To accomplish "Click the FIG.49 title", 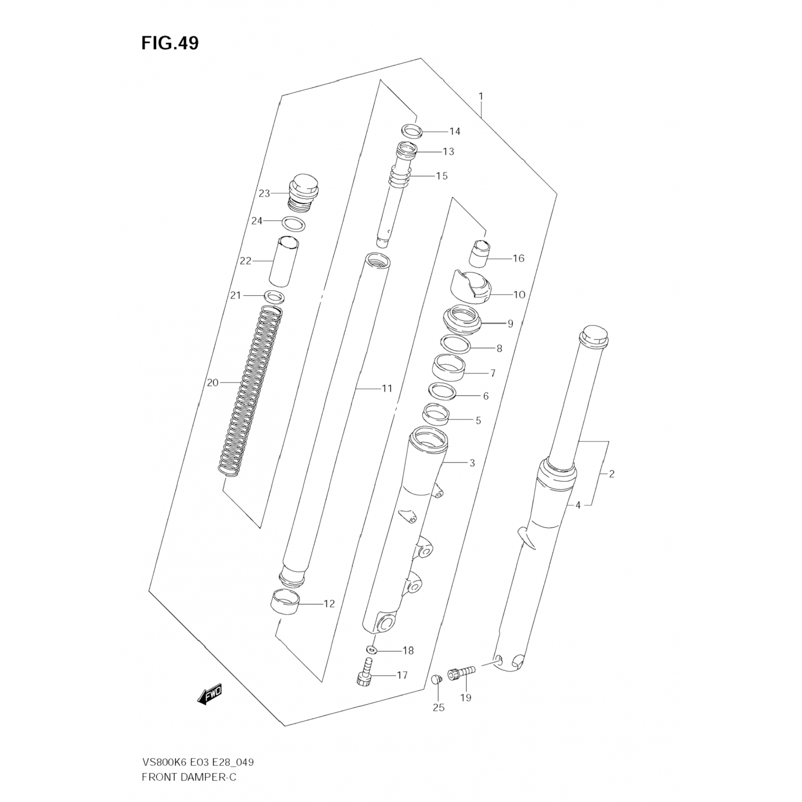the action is click(169, 43).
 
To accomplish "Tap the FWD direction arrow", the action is click(210, 695).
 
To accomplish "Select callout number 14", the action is click(454, 132).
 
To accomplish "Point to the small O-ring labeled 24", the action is click(294, 224).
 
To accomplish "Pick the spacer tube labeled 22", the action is click(283, 262).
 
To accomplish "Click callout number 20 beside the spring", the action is click(213, 382).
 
